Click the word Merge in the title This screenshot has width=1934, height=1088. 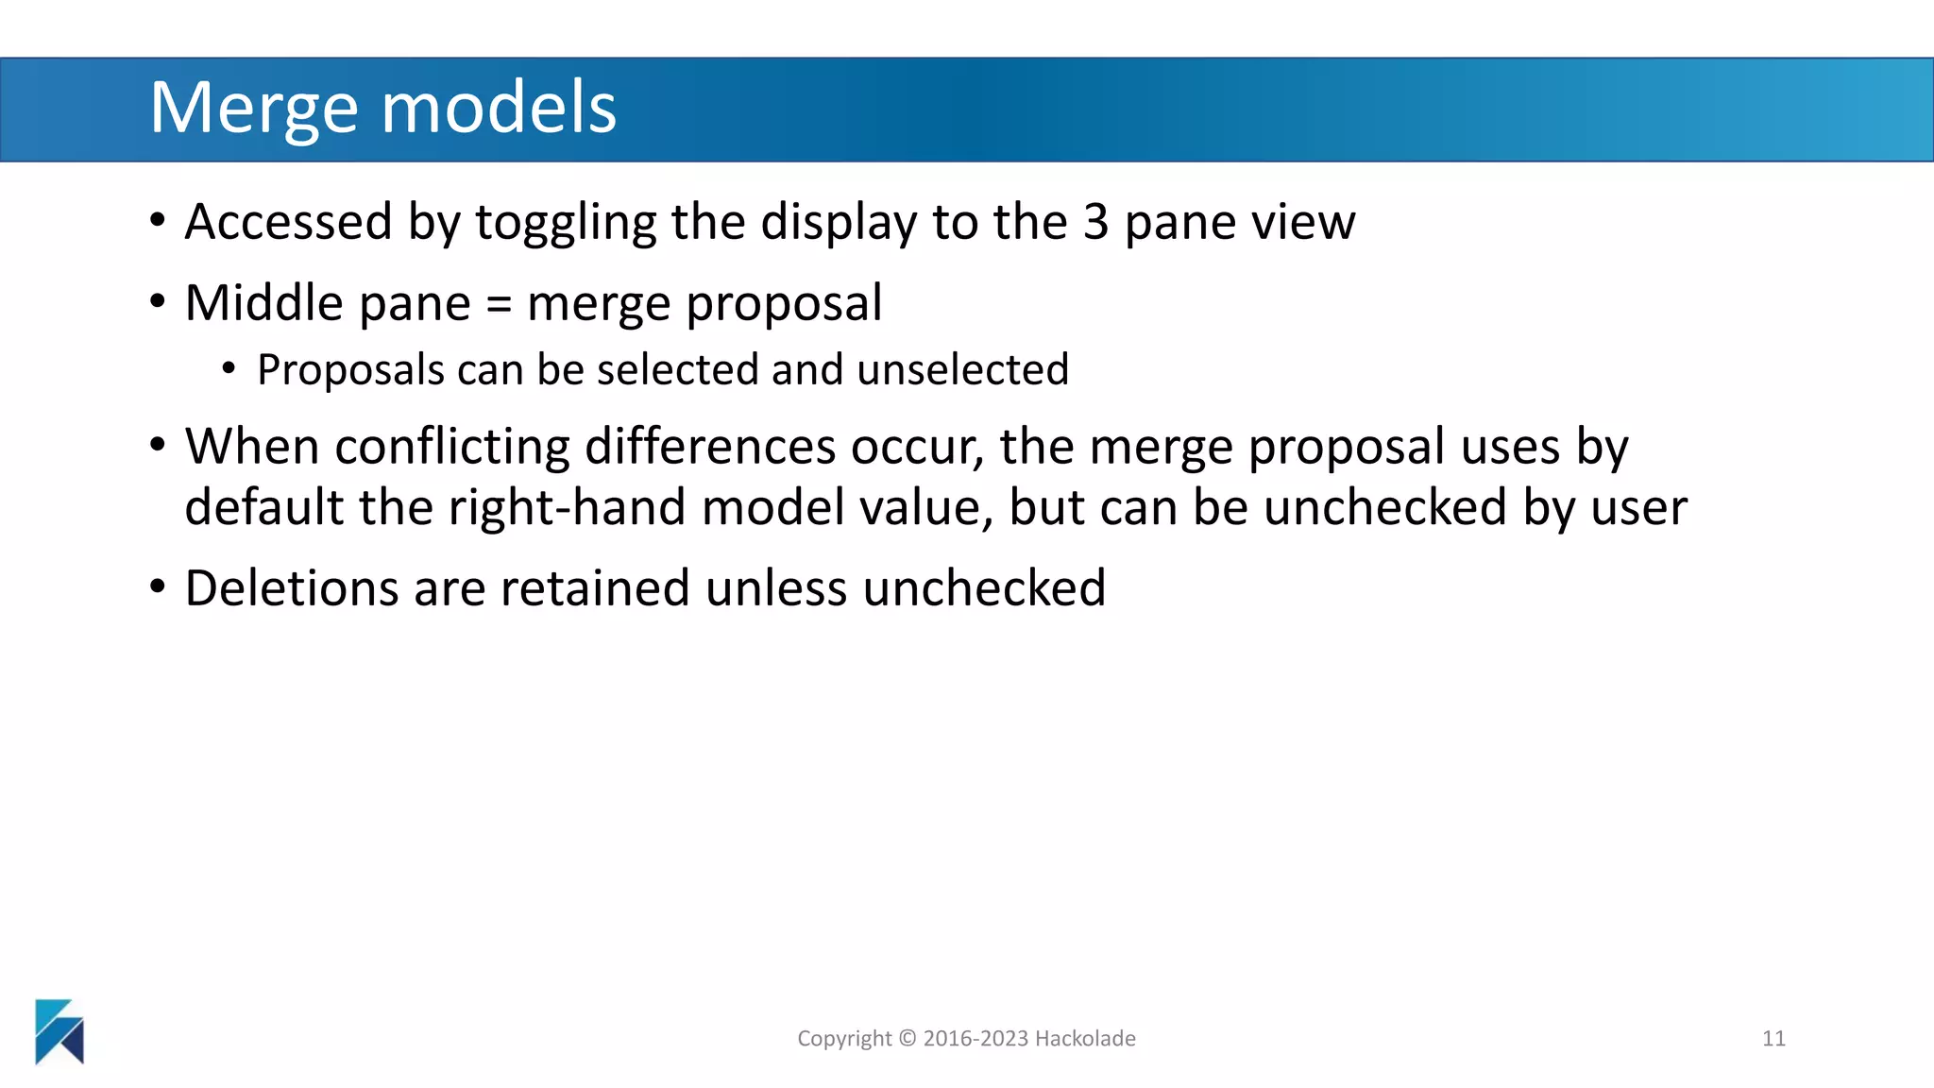point(253,109)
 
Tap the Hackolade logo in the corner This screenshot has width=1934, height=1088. point(59,1031)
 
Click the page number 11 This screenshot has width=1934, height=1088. point(1773,1039)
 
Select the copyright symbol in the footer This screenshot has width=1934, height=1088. point(907,1039)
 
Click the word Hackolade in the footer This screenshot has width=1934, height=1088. point(1085,1039)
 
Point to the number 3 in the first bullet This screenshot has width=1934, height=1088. point(1095,223)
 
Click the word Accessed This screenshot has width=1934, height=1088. point(288,223)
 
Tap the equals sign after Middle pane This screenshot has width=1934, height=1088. point(498,305)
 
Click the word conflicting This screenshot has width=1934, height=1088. point(452,447)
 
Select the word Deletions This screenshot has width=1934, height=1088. point(292,588)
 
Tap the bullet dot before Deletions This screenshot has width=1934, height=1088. point(158,586)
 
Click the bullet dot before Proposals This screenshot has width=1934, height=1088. point(229,368)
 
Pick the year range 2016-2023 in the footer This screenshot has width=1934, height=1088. point(975,1039)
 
